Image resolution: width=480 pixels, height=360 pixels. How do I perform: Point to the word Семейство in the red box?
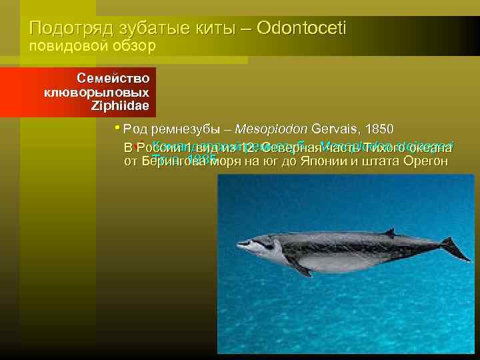(113, 77)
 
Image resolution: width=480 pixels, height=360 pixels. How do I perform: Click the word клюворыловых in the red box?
(97, 91)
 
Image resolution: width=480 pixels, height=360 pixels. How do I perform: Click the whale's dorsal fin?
(389, 233)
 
